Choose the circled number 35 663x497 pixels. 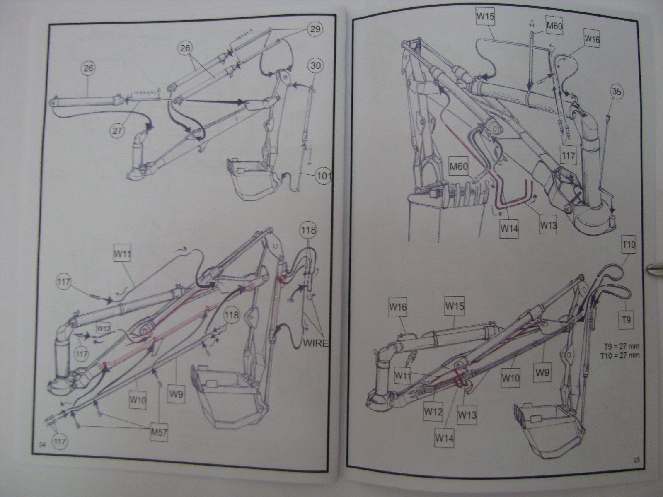click(x=617, y=92)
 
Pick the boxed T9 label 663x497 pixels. click(x=626, y=320)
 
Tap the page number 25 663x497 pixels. click(x=637, y=470)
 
